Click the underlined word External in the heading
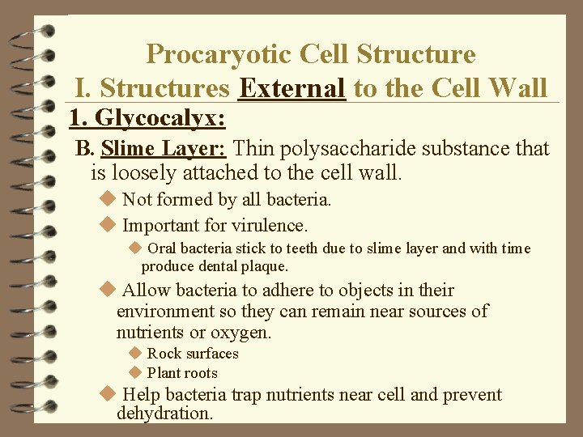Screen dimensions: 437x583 point(292,87)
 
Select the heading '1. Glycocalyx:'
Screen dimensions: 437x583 point(147,118)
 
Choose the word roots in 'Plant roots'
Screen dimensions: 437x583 point(201,373)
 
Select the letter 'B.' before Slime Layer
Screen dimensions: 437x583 point(85,149)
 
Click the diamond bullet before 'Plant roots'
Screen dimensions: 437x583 point(134,373)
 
